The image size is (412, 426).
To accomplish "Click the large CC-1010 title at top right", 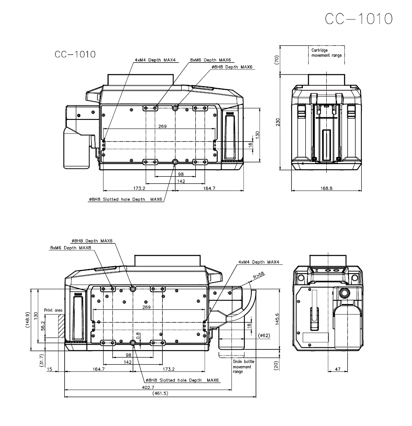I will point(358,19).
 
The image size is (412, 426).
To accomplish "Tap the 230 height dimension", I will point(278,122).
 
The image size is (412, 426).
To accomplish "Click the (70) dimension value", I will point(278,60).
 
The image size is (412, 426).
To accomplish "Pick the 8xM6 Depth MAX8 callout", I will point(70,248).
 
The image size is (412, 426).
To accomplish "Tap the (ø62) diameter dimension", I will point(264,335).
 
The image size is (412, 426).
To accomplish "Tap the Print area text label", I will point(53,310).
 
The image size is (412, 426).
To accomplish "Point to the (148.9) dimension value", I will point(28,320).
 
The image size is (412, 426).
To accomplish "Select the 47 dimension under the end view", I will point(338,370).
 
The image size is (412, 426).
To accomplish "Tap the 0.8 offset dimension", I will point(138,336).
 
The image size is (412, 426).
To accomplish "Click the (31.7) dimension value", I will point(41,361).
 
